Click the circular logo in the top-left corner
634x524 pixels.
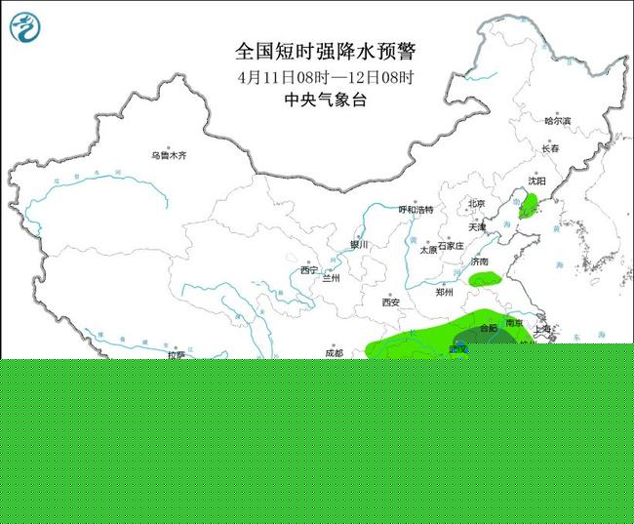pyautogui.click(x=26, y=25)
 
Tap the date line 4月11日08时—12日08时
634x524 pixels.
pyautogui.click(x=324, y=77)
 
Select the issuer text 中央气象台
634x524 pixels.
pyautogui.click(x=324, y=100)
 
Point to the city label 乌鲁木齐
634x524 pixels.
pyautogui.click(x=168, y=155)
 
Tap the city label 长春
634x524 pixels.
pyautogui.click(x=550, y=149)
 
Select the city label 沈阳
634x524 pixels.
pyautogui.click(x=537, y=181)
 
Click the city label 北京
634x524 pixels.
pyautogui.click(x=476, y=204)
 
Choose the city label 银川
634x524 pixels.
pyautogui.click(x=360, y=245)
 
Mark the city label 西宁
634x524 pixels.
pyautogui.click(x=309, y=270)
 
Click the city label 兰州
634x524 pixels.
pyautogui.click(x=332, y=278)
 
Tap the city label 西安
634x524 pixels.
pyautogui.click(x=391, y=302)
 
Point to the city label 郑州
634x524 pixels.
pyautogui.click(x=445, y=292)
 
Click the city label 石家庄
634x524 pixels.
pyautogui.click(x=454, y=247)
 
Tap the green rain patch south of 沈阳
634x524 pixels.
pyautogui.click(x=529, y=205)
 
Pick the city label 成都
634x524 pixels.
pyautogui.click(x=334, y=352)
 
